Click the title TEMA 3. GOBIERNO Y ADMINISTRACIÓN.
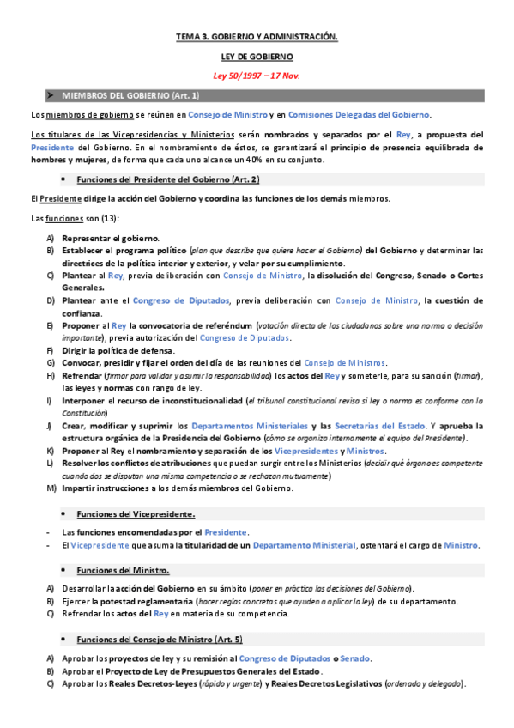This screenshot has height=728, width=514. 257,37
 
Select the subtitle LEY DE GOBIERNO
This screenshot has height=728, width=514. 257,56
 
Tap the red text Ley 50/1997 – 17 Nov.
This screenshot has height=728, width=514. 257,75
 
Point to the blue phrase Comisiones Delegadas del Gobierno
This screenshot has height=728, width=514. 360,114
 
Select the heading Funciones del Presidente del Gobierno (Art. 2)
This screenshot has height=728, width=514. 167,179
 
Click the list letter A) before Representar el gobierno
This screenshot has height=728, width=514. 51,238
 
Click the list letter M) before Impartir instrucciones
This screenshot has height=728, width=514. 51,488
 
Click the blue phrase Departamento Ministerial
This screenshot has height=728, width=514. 305,545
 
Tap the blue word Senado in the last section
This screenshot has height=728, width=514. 354,658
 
